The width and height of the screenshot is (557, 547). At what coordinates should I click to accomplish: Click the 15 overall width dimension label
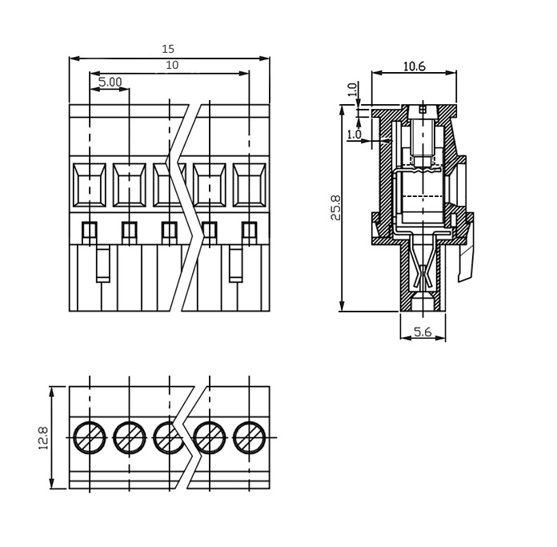(168, 49)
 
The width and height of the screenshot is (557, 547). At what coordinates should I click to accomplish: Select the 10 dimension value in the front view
(172, 65)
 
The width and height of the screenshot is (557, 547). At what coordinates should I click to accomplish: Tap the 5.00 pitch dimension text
(110, 82)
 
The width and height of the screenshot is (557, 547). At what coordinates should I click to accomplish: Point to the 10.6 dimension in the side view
(415, 66)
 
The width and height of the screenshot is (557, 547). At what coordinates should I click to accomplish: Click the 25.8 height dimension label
(335, 207)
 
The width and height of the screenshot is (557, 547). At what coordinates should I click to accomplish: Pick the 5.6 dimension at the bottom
(423, 332)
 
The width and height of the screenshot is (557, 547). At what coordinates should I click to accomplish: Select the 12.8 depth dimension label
(43, 438)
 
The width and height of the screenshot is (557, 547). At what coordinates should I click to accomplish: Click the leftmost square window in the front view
(89, 185)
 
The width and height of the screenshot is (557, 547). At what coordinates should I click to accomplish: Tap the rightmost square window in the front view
(250, 185)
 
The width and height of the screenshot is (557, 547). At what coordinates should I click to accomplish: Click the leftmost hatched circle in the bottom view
(90, 437)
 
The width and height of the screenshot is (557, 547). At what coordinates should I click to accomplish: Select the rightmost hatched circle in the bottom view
(250, 437)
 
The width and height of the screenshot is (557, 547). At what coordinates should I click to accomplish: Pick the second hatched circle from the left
(130, 437)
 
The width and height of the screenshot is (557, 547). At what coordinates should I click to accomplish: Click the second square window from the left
(130, 185)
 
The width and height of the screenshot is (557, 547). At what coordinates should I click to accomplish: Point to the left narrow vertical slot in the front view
(103, 263)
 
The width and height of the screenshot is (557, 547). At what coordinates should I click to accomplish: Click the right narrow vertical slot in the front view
(236, 263)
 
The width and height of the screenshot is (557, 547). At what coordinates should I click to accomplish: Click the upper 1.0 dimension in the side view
(351, 89)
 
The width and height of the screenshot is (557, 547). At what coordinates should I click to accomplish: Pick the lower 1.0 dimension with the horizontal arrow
(354, 135)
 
